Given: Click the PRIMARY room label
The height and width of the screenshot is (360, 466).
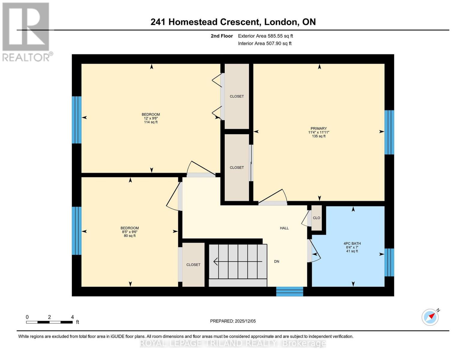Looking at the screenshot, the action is [x=318, y=128].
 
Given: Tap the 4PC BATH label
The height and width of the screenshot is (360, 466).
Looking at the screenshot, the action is [x=352, y=243].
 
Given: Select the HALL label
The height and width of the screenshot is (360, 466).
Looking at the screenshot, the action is [x=284, y=228].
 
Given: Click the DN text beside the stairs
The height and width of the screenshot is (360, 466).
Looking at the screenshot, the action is [x=277, y=261].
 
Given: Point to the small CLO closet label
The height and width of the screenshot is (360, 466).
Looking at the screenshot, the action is [x=317, y=218].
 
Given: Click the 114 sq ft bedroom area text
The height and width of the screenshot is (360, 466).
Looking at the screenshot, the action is [x=151, y=122].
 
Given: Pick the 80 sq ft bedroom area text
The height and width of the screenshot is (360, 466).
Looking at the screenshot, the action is [x=130, y=236].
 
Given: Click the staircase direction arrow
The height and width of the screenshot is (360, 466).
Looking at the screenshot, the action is [x=238, y=261].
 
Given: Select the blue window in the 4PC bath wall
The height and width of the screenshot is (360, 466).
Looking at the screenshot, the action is [x=389, y=262].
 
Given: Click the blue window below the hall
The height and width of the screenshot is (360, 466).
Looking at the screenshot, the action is [x=290, y=291].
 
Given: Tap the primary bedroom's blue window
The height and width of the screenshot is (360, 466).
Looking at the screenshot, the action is [x=389, y=132].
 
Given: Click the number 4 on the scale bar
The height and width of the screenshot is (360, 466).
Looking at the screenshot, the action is [x=73, y=317].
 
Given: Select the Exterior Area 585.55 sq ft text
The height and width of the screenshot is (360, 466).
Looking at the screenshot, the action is [x=266, y=36].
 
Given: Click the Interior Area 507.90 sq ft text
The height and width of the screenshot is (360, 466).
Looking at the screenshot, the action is [x=265, y=43].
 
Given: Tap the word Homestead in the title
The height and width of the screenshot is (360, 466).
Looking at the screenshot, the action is [x=193, y=22].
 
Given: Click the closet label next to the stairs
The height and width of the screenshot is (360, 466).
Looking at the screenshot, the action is [x=193, y=265].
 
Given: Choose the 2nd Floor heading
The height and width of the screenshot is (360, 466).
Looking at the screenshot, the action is [x=222, y=36].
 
